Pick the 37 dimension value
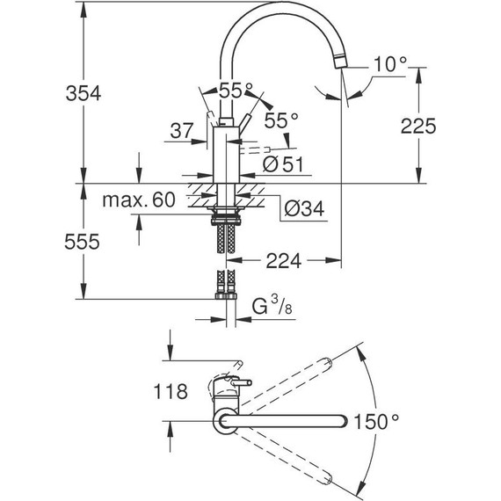pos(181,131)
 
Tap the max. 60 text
pos(138,201)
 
